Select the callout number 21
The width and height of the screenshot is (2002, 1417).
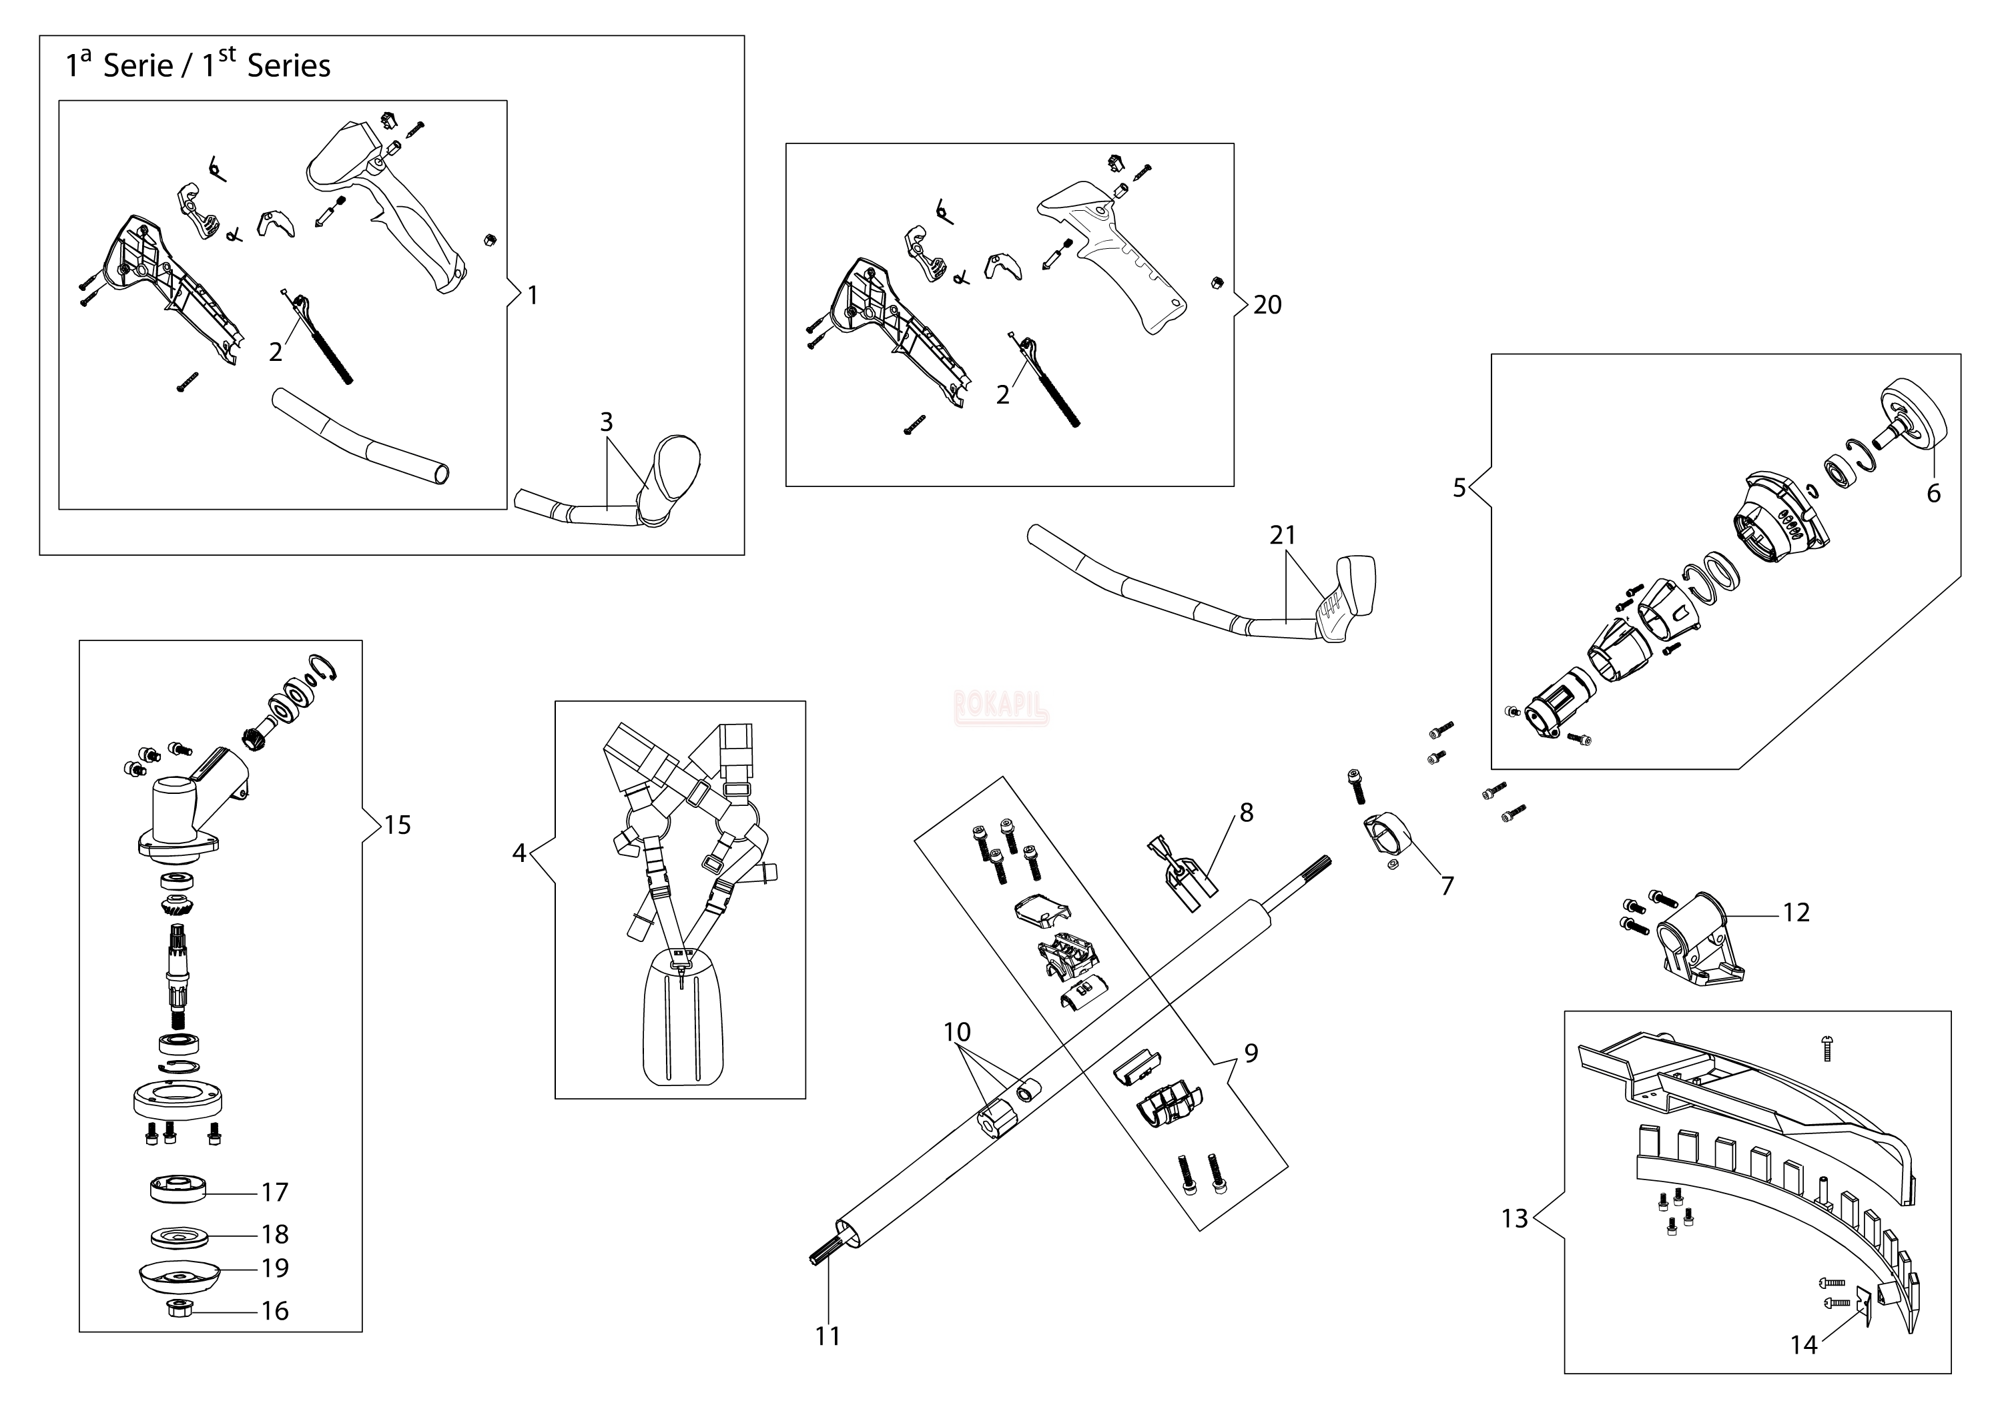pyautogui.click(x=1282, y=535)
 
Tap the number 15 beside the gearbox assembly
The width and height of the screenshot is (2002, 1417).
pyautogui.click(x=397, y=825)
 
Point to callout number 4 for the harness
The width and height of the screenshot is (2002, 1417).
pyautogui.click(x=519, y=853)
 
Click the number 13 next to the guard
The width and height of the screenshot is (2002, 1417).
pyautogui.click(x=1515, y=1218)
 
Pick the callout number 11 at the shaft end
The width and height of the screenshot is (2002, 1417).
pyautogui.click(x=827, y=1336)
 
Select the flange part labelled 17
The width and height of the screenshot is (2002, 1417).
pyautogui.click(x=178, y=1190)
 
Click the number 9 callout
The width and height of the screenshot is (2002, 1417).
pyautogui.click(x=1251, y=1053)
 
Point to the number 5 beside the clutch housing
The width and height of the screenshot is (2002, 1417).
pyautogui.click(x=1459, y=488)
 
